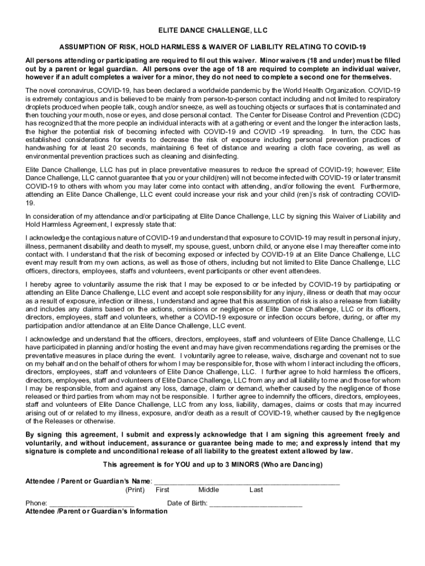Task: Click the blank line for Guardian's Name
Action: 246,481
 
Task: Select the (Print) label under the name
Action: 135,490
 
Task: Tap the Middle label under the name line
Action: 209,490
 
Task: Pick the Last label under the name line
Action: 256,490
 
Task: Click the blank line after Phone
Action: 92,503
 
